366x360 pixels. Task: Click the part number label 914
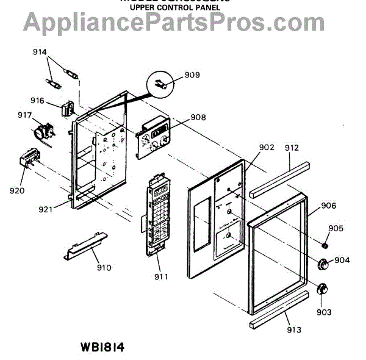click(x=40, y=53)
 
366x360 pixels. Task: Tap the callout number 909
click(x=192, y=76)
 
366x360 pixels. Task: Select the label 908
click(x=198, y=117)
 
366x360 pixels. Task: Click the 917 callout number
click(x=25, y=115)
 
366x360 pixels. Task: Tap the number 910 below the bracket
click(x=103, y=267)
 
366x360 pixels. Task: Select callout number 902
click(x=267, y=147)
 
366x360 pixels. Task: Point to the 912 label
click(x=292, y=147)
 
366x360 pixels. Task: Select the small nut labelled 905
click(x=326, y=245)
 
